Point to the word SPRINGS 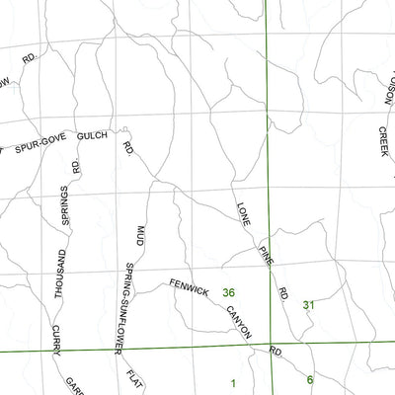click(x=66, y=205)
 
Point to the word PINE click(x=265, y=255)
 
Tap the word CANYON click(x=238, y=322)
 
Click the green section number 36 click(x=229, y=292)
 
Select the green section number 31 click(x=308, y=305)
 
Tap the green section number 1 click(x=233, y=383)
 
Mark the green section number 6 click(x=309, y=379)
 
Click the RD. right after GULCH click(x=128, y=149)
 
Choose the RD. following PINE click(x=283, y=293)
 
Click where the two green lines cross click(x=269, y=346)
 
